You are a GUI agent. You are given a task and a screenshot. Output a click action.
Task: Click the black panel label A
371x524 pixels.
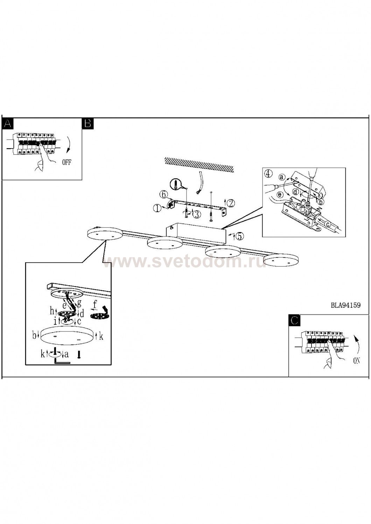7,123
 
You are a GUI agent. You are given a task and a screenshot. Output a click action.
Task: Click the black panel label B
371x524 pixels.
87,123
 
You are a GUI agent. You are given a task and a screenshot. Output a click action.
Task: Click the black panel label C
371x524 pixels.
294,320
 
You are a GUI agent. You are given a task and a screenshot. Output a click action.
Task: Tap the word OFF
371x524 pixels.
66,162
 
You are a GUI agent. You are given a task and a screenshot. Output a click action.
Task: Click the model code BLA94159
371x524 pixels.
346,305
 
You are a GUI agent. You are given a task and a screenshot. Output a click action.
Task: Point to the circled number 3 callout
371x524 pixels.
197,214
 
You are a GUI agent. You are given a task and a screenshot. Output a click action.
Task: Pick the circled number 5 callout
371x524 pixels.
239,236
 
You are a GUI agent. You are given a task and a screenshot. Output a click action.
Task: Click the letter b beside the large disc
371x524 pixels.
34,336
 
